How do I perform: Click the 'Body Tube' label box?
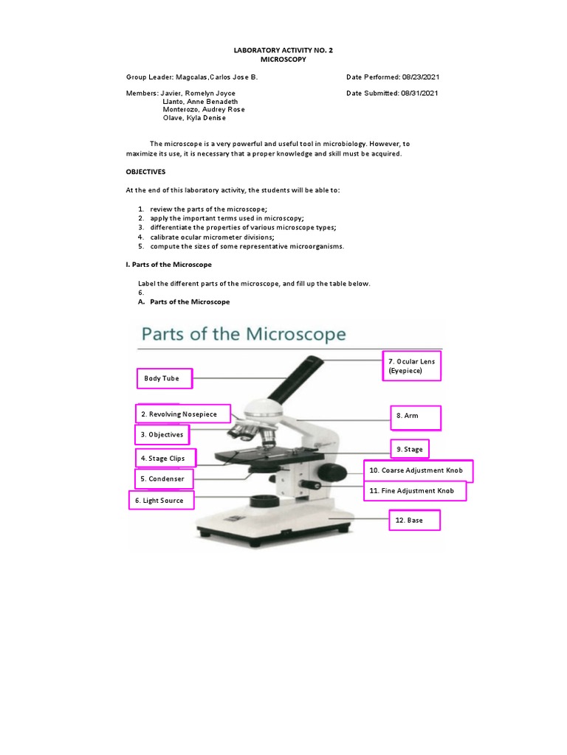164,379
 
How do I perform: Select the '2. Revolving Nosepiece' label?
183,414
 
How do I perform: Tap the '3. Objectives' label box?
162,435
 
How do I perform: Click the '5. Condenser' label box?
165,479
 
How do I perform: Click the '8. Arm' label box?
415,417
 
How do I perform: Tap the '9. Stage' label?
410,449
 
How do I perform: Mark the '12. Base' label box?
415,521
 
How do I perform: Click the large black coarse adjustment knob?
334,471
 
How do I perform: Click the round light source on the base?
263,501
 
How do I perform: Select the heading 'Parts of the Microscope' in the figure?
244,334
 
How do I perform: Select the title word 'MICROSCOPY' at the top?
283,59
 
